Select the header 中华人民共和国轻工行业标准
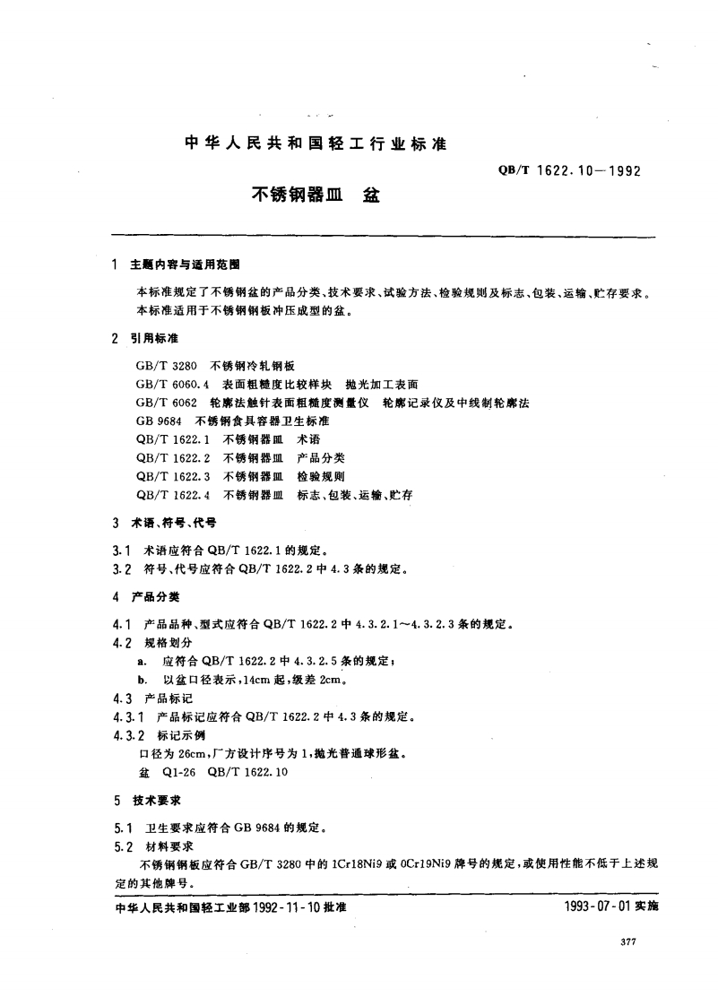click(x=315, y=143)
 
